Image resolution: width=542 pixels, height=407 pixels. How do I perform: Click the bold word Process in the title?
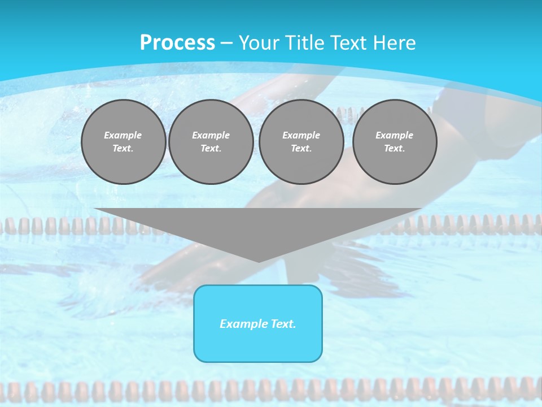(x=177, y=43)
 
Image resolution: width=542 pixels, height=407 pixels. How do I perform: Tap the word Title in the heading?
(x=303, y=43)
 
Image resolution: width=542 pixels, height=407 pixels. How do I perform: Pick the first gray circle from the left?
(x=124, y=142)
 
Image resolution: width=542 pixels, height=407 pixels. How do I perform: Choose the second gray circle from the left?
(x=211, y=142)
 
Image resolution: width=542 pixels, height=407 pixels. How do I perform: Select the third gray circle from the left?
(x=301, y=142)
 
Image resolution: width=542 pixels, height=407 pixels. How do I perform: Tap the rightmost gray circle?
(x=395, y=142)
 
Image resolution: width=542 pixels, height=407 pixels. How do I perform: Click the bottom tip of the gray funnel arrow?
(x=259, y=261)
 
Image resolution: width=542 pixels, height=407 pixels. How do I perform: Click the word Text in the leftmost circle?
(x=123, y=149)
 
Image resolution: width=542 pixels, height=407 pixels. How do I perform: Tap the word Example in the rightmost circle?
(x=395, y=135)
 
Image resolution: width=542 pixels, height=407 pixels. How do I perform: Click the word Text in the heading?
(x=348, y=43)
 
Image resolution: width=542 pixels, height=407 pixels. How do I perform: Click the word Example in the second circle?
(x=211, y=135)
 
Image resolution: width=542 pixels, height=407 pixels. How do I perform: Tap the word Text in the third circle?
(x=301, y=149)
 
